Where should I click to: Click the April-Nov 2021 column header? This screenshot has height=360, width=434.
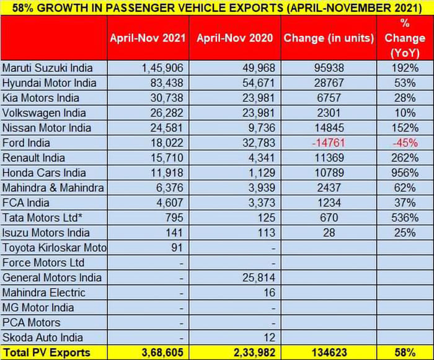[x=148, y=38]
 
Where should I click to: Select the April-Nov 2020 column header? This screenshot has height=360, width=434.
[x=234, y=38]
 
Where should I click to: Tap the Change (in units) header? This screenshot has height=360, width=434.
[x=329, y=38]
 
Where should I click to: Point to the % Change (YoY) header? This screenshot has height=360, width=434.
[x=404, y=38]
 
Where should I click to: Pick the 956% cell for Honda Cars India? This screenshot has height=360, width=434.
[x=404, y=173]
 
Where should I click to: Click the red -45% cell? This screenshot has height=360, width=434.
[x=404, y=143]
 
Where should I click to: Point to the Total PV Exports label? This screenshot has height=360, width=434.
[x=46, y=353]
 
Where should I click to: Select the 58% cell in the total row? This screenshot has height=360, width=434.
[x=404, y=353]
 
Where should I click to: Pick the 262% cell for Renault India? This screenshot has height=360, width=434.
[x=404, y=158]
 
